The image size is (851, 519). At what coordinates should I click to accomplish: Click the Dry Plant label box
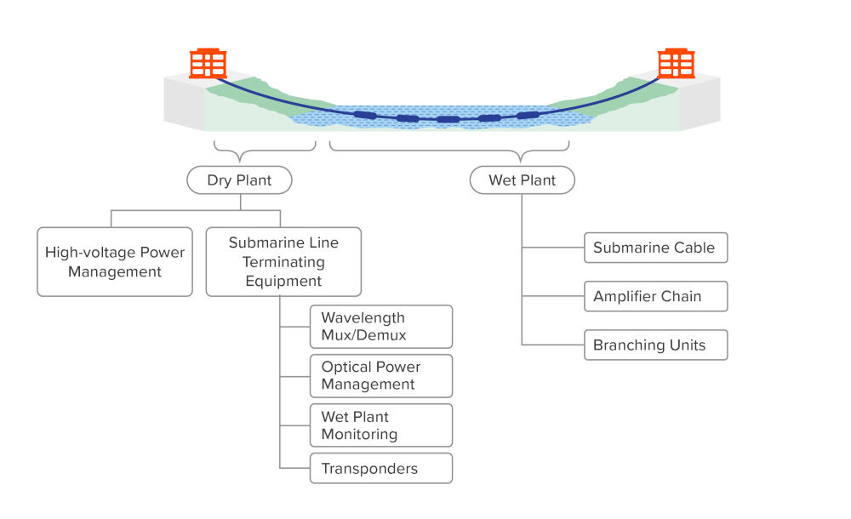pyautogui.click(x=239, y=180)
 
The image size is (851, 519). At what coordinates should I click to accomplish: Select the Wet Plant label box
pyautogui.click(x=522, y=180)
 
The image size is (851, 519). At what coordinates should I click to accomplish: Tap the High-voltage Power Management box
pyautogui.click(x=115, y=262)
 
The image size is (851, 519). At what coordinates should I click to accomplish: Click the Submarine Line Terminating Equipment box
pyautogui.click(x=283, y=261)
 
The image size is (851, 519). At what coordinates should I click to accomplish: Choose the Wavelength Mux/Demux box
pyautogui.click(x=380, y=327)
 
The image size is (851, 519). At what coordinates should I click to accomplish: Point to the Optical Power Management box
pyautogui.click(x=380, y=376)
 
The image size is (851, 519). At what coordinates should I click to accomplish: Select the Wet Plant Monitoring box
pyautogui.click(x=380, y=425)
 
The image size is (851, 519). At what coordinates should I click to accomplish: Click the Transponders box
pyautogui.click(x=380, y=469)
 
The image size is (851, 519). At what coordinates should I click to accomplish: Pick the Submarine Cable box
pyautogui.click(x=655, y=248)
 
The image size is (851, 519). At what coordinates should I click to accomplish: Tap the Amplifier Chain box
pyautogui.click(x=655, y=296)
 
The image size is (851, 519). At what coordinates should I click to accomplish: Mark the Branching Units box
pyautogui.click(x=655, y=345)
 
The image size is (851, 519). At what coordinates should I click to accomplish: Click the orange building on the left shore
pyautogui.click(x=208, y=64)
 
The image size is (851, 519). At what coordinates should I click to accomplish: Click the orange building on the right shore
pyautogui.click(x=677, y=64)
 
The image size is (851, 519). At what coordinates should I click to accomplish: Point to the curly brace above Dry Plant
pyautogui.click(x=264, y=151)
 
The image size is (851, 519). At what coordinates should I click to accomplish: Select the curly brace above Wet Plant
pyautogui.click(x=449, y=151)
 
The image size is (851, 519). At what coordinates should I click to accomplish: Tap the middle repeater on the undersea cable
pyautogui.click(x=448, y=119)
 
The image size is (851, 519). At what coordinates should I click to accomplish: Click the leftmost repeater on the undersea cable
pyautogui.click(x=365, y=114)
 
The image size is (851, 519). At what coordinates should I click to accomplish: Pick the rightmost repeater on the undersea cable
pyautogui.click(x=528, y=114)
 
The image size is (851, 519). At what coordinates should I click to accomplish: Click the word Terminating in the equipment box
pyautogui.click(x=283, y=262)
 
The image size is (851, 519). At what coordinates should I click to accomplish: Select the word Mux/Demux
pyautogui.click(x=363, y=335)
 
